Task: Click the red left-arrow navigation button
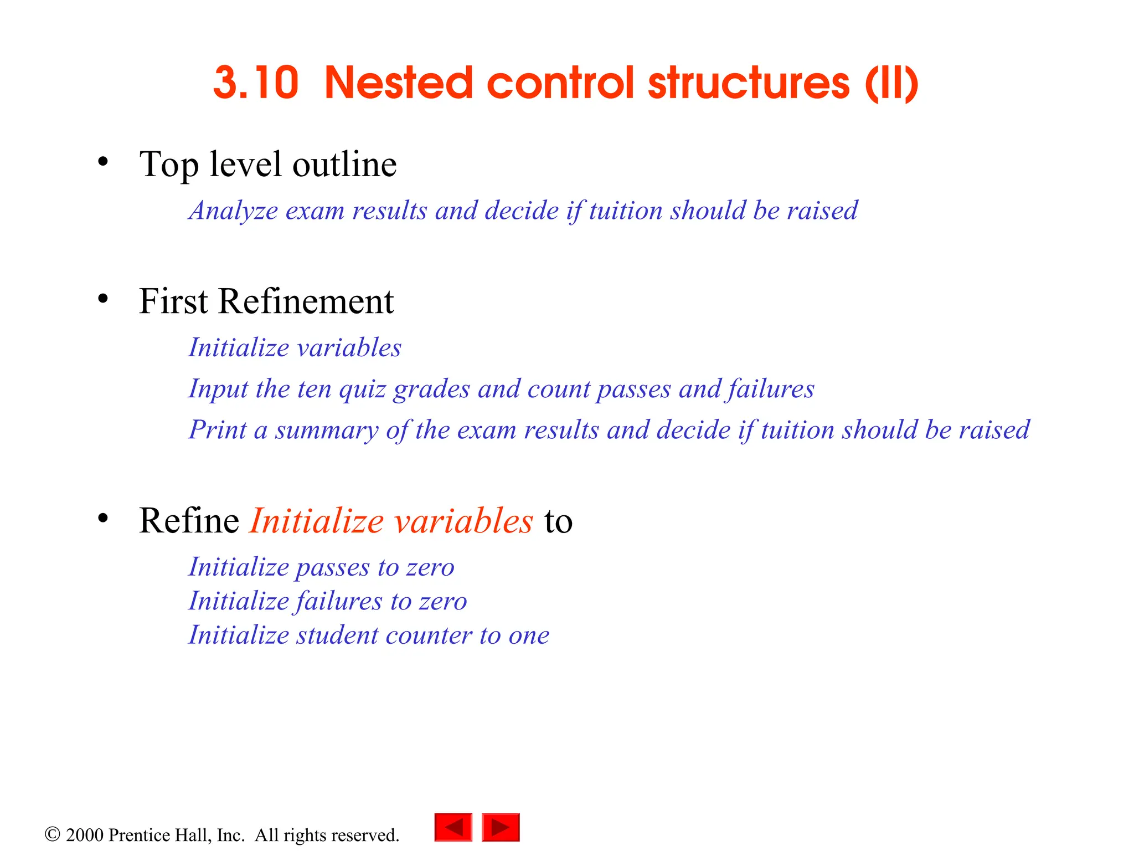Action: (453, 827)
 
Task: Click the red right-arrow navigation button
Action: (501, 827)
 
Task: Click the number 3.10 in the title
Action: (256, 83)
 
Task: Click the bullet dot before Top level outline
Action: (102, 162)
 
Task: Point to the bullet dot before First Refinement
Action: (102, 299)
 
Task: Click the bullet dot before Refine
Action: (102, 519)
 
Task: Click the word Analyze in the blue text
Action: (233, 211)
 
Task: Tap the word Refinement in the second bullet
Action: (306, 301)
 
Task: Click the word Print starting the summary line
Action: (217, 430)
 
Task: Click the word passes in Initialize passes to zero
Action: (332, 568)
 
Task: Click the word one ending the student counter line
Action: (529, 635)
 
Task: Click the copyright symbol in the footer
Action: (52, 834)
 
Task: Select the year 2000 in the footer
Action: (85, 835)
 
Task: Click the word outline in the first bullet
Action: (344, 165)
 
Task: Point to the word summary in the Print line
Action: (326, 430)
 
